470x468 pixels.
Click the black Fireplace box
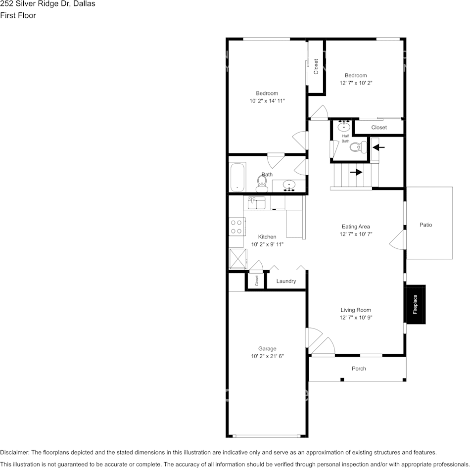click(x=415, y=304)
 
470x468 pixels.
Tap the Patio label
click(x=425, y=225)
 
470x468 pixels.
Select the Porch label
click(x=359, y=369)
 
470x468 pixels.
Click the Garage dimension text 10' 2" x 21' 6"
click(x=267, y=356)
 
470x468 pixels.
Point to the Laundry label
click(x=286, y=281)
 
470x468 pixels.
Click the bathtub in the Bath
click(x=238, y=177)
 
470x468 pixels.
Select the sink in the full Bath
click(x=289, y=186)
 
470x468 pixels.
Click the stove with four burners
click(x=236, y=227)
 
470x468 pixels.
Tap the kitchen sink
click(x=256, y=203)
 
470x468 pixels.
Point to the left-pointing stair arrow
click(x=378, y=147)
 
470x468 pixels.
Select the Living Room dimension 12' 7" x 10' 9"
click(x=355, y=318)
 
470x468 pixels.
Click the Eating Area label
click(x=355, y=227)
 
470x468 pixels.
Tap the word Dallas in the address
click(x=84, y=4)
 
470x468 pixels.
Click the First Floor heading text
click(x=18, y=15)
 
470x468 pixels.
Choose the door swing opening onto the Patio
click(x=397, y=242)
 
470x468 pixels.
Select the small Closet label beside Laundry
click(x=257, y=281)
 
